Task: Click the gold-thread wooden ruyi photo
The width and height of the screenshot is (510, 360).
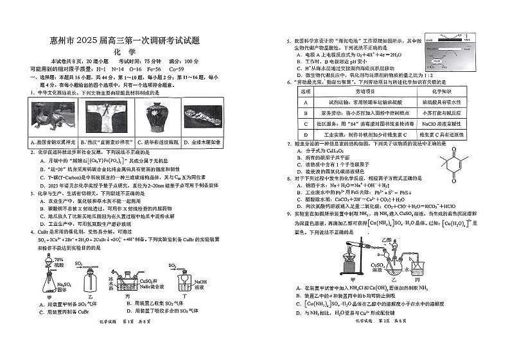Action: (x=202, y=118)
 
